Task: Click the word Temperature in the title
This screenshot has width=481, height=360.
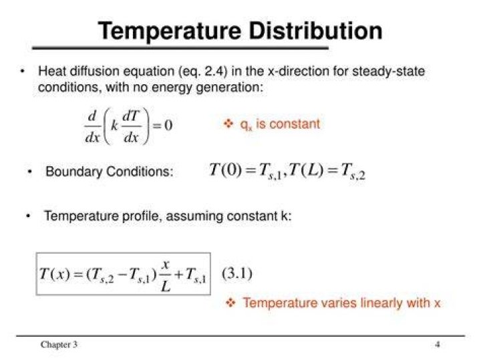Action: pos(170,31)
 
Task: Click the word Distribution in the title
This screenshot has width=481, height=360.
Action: pos(315,31)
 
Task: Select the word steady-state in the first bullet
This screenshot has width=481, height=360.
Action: pos(388,71)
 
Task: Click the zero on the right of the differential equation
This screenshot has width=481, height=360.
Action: pos(168,125)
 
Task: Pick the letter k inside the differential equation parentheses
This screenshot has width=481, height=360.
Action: pos(114,125)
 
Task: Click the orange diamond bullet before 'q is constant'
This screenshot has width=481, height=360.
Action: pos(228,124)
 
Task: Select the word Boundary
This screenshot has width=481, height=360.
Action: pos(73,172)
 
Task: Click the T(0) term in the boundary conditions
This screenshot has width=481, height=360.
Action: pos(225,170)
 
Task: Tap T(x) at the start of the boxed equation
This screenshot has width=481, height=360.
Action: pos(55,274)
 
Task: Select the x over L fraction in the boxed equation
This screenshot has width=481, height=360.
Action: pos(166,277)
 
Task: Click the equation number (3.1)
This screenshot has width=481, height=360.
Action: pos(237,273)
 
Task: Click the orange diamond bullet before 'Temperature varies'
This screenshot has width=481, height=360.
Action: pos(230,303)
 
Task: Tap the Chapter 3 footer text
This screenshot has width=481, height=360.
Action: pos(59,345)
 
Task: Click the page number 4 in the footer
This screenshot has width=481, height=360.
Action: pos(438,344)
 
